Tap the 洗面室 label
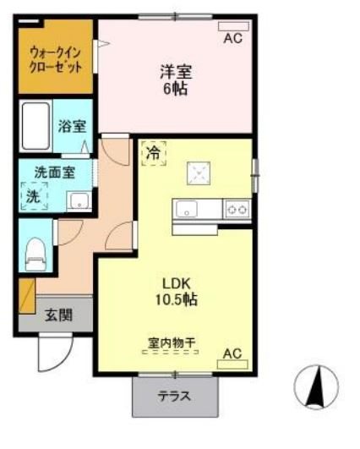click(52, 172)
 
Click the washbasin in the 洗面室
click(78, 201)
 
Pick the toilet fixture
click(34, 249)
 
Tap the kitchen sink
click(186, 209)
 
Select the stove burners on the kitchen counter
click(237, 209)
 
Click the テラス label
click(173, 395)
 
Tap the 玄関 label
click(58, 315)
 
